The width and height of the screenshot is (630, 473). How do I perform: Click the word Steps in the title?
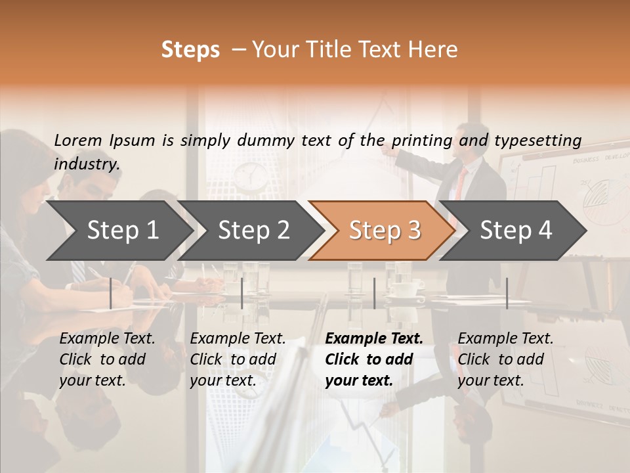[x=190, y=49]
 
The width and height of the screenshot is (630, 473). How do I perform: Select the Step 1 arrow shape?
[x=118, y=231]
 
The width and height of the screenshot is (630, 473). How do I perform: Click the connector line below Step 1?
[x=111, y=293]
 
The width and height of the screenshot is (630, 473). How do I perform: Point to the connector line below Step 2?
[x=242, y=293]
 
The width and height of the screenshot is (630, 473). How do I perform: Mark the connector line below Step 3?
[x=374, y=293]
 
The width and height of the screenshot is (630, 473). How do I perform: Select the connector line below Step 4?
[x=507, y=293]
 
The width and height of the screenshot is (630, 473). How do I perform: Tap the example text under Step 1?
[x=107, y=359]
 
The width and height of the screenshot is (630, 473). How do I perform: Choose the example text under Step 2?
[x=238, y=359]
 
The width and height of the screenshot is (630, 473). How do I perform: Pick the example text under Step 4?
[x=505, y=359]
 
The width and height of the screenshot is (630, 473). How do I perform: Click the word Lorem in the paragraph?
[x=78, y=140]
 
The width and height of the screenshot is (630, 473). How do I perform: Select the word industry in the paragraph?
[x=87, y=164]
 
